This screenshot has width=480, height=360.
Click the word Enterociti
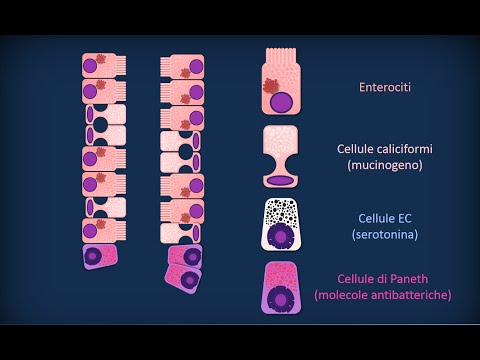pyautogui.click(x=385, y=87)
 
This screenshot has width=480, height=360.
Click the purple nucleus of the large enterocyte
pyautogui.click(x=288, y=102)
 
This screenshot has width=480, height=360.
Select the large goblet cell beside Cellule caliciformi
pyautogui.click(x=284, y=156)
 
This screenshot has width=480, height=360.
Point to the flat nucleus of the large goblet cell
pyautogui.click(x=284, y=180)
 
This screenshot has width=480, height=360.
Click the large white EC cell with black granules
pyautogui.click(x=284, y=222)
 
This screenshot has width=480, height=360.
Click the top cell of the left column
pyautogui.click(x=98, y=66)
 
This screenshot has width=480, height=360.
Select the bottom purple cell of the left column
pyautogui.click(x=98, y=257)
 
